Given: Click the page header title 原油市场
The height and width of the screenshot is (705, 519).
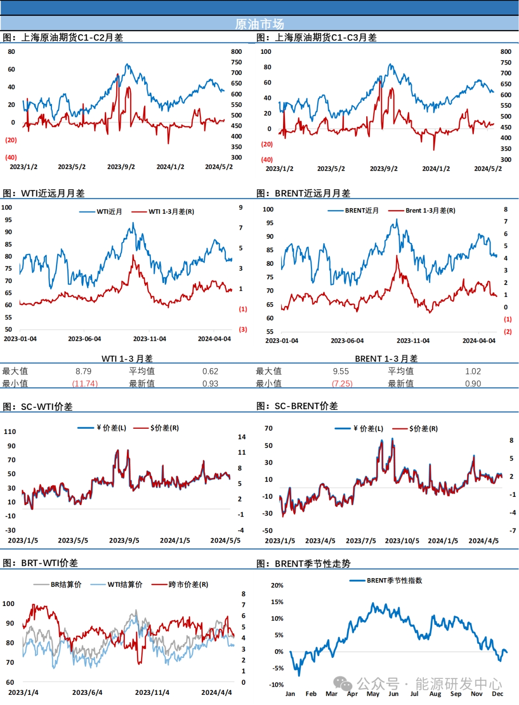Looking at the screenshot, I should [x=259, y=24].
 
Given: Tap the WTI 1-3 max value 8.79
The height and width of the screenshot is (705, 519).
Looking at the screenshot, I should [x=83, y=371].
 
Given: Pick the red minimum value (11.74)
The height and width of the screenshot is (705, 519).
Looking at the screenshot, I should [x=85, y=383].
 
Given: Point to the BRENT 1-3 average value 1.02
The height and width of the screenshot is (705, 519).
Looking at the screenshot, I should [x=473, y=371].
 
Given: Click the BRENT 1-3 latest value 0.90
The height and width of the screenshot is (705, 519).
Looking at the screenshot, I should [x=473, y=383].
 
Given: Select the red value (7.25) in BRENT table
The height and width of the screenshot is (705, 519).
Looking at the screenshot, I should [x=342, y=383].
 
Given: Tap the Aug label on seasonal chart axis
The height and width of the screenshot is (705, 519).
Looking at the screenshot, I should [x=435, y=693].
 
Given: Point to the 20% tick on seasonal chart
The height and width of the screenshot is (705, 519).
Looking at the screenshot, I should [x=277, y=585].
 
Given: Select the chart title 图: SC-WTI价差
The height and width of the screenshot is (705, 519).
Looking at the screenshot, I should [x=38, y=407].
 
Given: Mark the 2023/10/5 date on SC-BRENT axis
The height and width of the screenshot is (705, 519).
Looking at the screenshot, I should [x=402, y=541].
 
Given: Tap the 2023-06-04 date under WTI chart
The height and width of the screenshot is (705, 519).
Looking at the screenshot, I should [x=85, y=339].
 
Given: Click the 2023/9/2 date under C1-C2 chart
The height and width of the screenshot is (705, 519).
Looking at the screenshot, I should [x=121, y=167].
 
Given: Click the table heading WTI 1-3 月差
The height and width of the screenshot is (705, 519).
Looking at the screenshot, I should [x=127, y=359].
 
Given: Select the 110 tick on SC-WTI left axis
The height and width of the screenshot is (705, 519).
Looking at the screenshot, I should [x=10, y=432].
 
